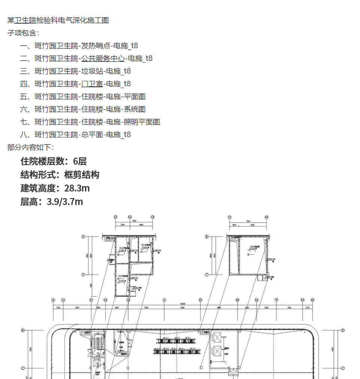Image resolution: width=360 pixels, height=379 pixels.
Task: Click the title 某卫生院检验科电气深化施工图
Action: (58, 20)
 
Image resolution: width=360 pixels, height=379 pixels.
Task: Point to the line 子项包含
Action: (22, 33)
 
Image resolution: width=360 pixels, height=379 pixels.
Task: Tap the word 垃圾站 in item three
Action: (92, 71)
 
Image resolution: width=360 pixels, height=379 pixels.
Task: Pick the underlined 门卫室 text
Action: (92, 84)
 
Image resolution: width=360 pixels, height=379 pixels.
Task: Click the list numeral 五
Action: (24, 97)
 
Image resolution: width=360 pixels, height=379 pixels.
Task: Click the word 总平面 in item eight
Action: (92, 135)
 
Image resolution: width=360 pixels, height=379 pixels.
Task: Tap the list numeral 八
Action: (24, 135)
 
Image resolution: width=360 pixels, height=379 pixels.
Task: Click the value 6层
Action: (80, 161)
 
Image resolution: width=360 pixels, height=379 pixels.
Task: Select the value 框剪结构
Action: (82, 175)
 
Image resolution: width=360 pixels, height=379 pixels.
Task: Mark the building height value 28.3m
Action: (77, 188)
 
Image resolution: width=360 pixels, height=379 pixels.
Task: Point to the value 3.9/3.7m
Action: (65, 201)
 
